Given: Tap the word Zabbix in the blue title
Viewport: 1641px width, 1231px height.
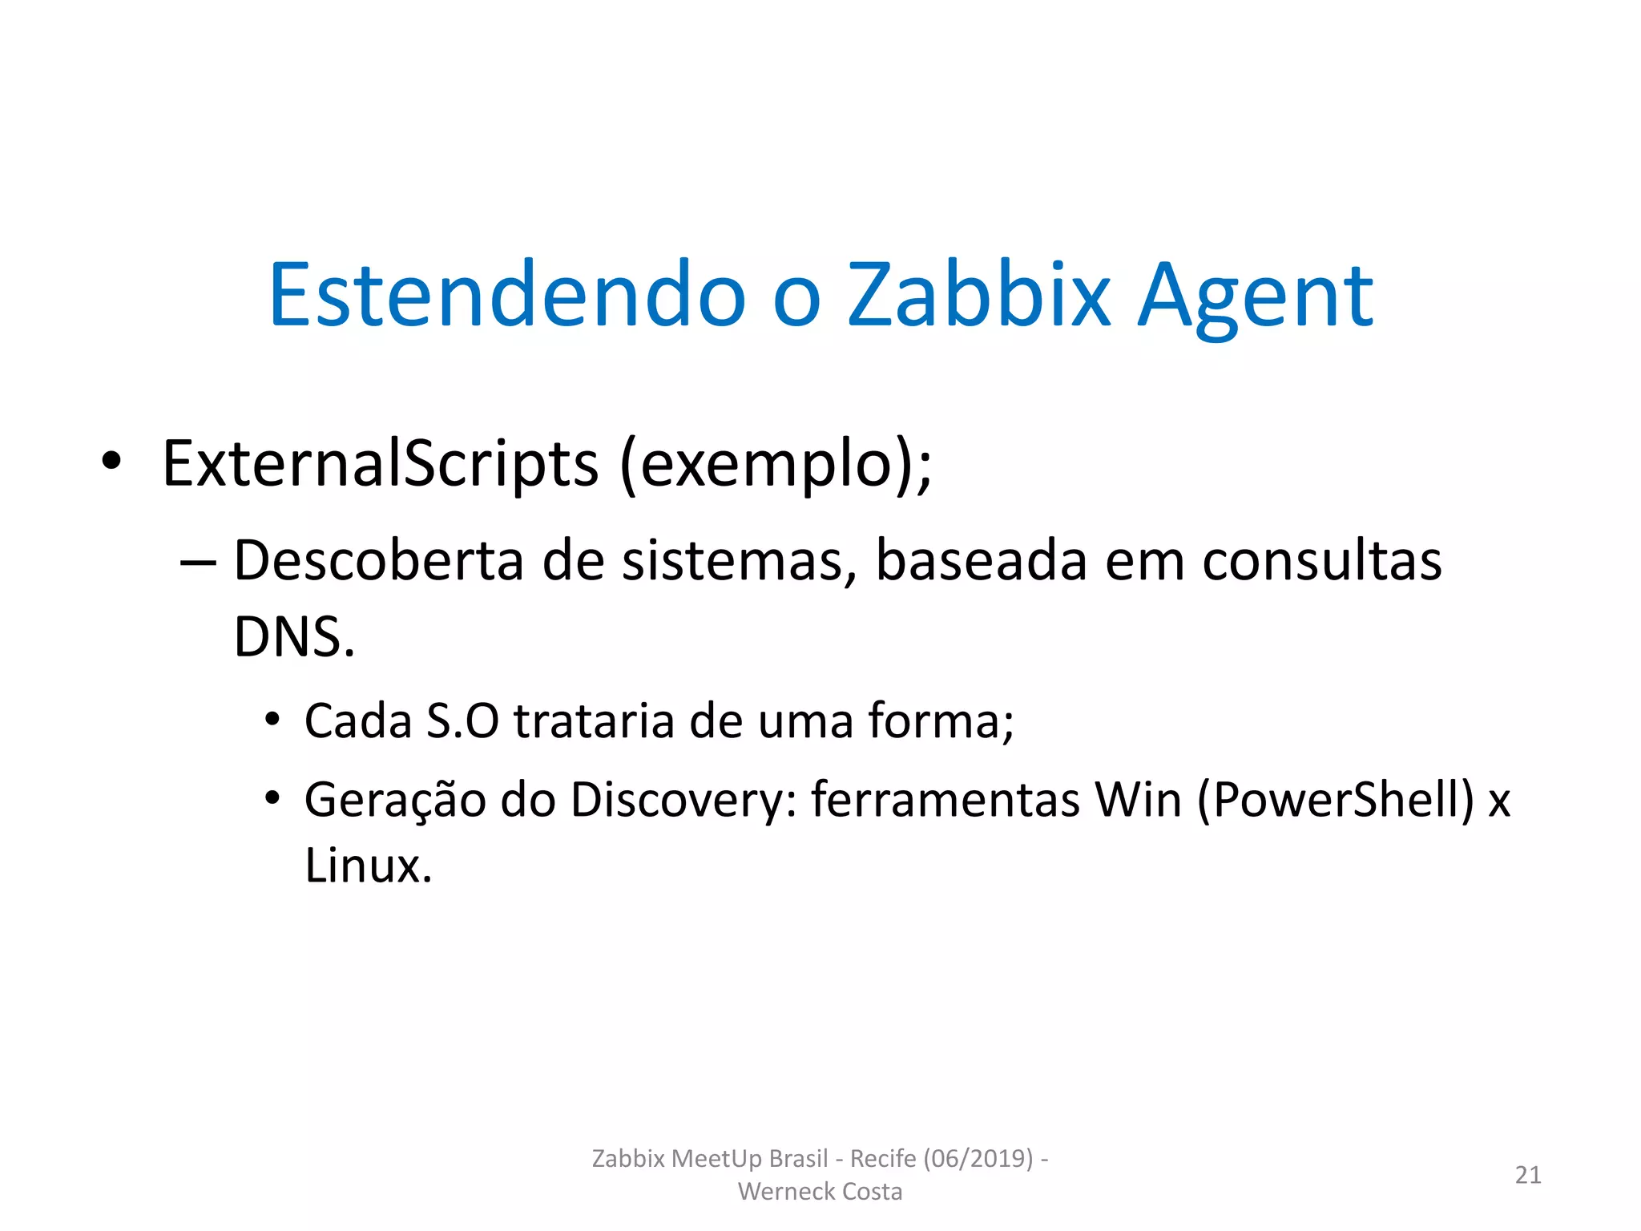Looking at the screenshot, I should [979, 295].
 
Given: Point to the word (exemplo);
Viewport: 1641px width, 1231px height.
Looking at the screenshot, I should [776, 465].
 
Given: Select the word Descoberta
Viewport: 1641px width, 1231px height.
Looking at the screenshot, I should [378, 560].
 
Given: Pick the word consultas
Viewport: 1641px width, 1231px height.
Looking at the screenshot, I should [1321, 560].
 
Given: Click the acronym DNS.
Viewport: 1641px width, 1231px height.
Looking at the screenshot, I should [293, 637].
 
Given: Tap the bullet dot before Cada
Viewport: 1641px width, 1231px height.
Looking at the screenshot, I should [272, 718].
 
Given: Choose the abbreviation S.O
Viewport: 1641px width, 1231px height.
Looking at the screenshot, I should [462, 720].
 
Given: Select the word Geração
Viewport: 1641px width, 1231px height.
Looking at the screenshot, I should [395, 801].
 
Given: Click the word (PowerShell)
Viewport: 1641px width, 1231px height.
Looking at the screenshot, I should [1336, 801].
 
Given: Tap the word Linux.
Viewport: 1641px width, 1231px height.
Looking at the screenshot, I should [368, 866].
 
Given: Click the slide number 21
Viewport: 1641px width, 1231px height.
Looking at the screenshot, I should [1528, 1175].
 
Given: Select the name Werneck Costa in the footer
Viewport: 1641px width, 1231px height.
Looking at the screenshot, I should [820, 1192].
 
